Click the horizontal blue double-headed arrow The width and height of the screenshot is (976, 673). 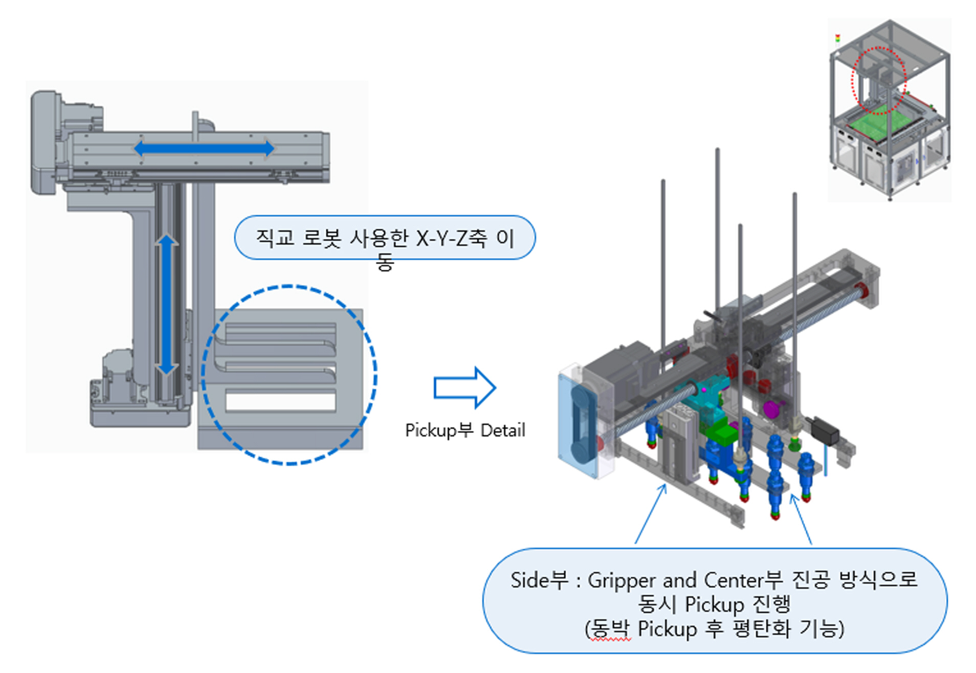pos(204,148)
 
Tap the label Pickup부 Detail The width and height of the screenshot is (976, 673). pos(464,430)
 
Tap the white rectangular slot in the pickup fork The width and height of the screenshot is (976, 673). pos(280,401)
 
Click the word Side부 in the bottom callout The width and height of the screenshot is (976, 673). pos(539,580)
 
